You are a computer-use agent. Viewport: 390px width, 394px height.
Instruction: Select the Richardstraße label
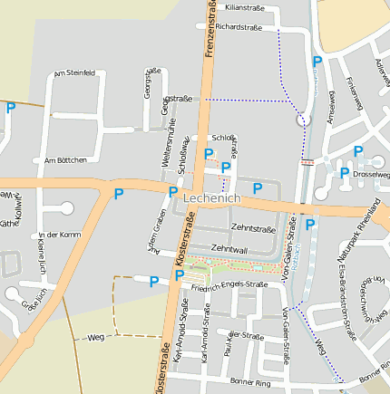click(x=239, y=27)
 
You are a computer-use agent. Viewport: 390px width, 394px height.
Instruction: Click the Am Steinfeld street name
click(x=74, y=72)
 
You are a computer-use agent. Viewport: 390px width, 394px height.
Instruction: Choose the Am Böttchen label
click(x=65, y=159)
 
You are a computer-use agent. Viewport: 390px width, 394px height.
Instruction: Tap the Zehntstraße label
click(x=253, y=228)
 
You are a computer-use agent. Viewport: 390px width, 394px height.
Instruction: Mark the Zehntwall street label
click(x=229, y=247)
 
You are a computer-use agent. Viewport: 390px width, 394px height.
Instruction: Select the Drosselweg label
click(x=370, y=174)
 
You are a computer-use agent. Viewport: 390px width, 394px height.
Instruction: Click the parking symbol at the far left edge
click(x=11, y=108)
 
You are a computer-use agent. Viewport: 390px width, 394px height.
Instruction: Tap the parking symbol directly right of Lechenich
click(x=257, y=188)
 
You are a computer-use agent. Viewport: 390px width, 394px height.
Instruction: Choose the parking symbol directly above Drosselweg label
click(x=357, y=151)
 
